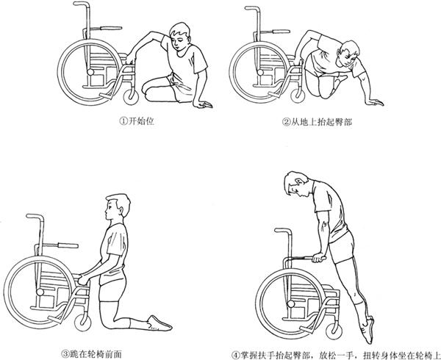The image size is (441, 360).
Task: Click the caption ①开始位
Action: [137, 121]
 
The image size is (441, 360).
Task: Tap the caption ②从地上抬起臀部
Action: [317, 122]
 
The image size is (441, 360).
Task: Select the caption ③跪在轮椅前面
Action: [92, 353]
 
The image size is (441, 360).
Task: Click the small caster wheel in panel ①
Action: [131, 97]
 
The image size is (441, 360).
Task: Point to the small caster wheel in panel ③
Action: [82, 323]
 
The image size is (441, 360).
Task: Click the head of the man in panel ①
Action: [181, 36]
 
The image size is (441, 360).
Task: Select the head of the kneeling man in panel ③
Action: [118, 207]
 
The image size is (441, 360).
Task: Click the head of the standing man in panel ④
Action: [298, 184]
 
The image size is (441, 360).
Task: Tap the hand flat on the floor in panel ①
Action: [203, 104]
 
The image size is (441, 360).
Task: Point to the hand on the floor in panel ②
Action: [374, 102]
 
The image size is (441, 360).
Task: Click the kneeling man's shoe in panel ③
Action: [159, 323]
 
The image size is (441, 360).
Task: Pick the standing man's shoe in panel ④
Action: [369, 331]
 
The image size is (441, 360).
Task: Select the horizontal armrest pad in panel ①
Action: [111, 28]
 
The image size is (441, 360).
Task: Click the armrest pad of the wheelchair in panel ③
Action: [68, 245]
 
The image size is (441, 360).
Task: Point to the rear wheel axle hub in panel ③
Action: [40, 292]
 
